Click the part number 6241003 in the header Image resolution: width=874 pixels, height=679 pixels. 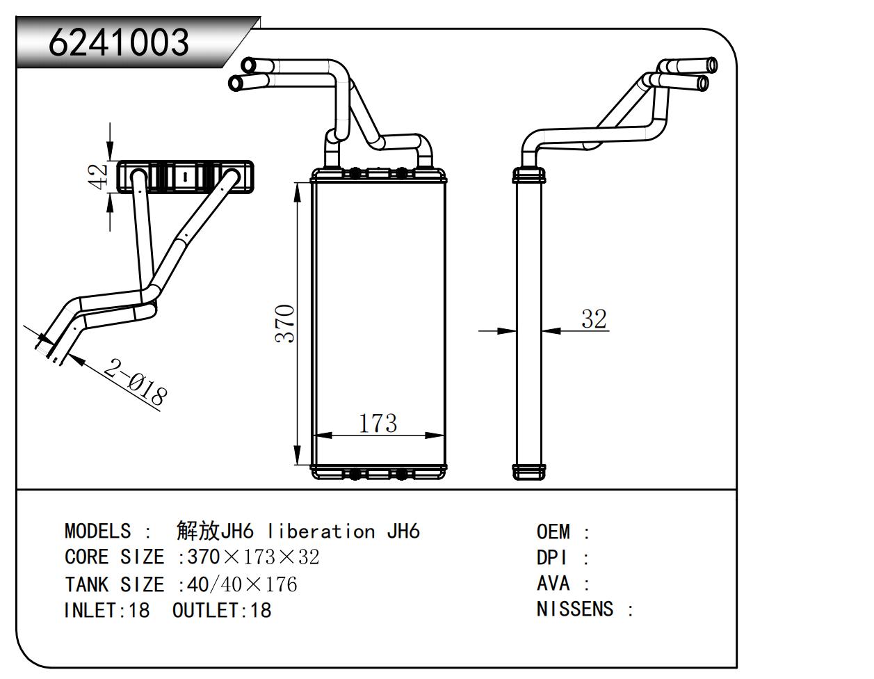[x=119, y=43]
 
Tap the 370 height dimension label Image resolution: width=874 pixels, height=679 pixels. [x=286, y=323]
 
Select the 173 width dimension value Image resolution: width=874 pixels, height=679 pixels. [x=378, y=423]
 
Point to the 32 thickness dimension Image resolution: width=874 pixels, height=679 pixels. [x=594, y=319]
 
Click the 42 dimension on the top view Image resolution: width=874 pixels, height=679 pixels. [x=100, y=176]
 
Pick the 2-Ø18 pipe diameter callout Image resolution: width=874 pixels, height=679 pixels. [x=135, y=381]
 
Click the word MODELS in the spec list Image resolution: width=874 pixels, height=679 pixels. [x=97, y=532]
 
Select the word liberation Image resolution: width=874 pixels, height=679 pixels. [x=321, y=532]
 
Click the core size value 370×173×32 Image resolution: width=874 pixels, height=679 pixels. [x=254, y=557]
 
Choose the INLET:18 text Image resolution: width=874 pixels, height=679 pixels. [x=106, y=611]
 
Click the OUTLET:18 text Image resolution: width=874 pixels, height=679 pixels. [x=222, y=611]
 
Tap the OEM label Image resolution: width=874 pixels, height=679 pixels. [x=553, y=532]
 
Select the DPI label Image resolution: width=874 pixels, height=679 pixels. [x=552, y=558]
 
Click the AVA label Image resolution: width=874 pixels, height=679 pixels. [x=553, y=584]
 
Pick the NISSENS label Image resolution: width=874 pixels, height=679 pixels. [x=575, y=609]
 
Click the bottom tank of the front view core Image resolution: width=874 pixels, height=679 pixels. [x=378, y=473]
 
